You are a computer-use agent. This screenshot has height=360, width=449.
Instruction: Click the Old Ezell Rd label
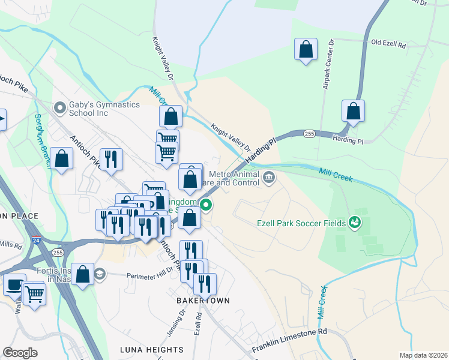pyautogui.click(x=389, y=44)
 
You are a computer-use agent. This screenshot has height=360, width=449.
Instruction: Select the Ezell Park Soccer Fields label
pyautogui.click(x=301, y=224)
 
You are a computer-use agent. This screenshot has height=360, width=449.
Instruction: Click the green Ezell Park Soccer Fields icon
pyautogui.click(x=355, y=223)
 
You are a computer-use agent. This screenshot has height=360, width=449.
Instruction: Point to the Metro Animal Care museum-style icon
pyautogui.click(x=268, y=176)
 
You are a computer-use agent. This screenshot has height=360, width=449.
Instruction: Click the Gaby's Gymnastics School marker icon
pyautogui.click(x=59, y=109)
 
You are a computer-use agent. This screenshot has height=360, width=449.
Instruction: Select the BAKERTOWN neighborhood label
pyautogui.click(x=203, y=300)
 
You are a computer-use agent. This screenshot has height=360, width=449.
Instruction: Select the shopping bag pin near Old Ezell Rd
pyautogui.click(x=306, y=50)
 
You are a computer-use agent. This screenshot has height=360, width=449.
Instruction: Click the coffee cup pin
pyautogui.click(x=14, y=285)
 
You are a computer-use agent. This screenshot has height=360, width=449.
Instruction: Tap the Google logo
pyautogui.click(x=20, y=353)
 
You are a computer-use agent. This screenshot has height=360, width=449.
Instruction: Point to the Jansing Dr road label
pyautogui.click(x=181, y=323)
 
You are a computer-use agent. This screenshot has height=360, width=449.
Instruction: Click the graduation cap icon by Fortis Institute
pyautogui.click(x=99, y=275)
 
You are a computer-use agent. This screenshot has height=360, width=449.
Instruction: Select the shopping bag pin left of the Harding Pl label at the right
pyautogui.click(x=353, y=111)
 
